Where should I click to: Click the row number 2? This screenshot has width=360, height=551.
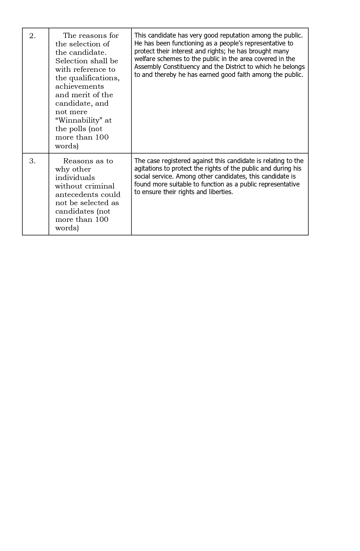coord(32,36)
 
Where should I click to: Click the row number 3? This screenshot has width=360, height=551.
coord(32,161)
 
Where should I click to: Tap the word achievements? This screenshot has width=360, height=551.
coord(80,86)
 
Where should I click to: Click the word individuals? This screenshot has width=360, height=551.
coord(75,178)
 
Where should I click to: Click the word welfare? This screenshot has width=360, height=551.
coord(144,59)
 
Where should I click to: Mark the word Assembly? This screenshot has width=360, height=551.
coord(148,67)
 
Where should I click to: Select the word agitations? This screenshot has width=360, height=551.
coord(148,169)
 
